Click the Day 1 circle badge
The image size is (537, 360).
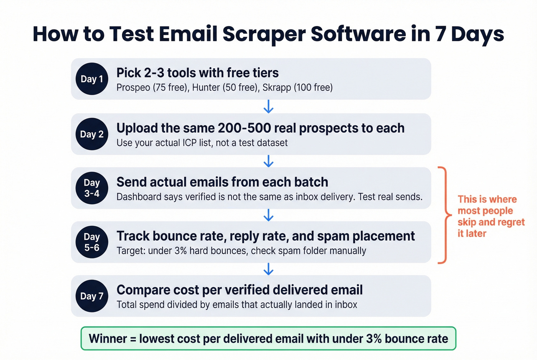(x=92, y=79)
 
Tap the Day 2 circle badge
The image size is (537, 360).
(x=92, y=134)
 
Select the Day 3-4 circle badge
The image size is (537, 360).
(x=92, y=188)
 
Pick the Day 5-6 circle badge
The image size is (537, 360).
(x=92, y=242)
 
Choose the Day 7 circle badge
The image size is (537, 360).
(x=92, y=296)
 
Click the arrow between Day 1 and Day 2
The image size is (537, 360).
(x=268, y=107)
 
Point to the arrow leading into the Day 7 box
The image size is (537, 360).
(x=268, y=269)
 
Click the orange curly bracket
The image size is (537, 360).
(x=444, y=215)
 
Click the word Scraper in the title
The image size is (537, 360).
(x=264, y=34)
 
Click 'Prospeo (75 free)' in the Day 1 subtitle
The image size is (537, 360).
(x=152, y=87)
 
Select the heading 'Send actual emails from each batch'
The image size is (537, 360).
(x=222, y=182)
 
